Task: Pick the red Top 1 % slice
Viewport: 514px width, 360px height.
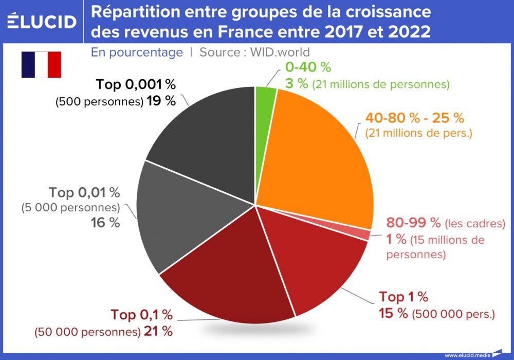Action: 319,262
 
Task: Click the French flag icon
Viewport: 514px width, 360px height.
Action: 41,65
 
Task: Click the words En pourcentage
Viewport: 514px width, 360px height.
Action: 137,52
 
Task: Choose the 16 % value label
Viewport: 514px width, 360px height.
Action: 105,223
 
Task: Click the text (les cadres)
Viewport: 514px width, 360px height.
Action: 475,224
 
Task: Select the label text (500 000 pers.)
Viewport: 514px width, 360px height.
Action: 454,313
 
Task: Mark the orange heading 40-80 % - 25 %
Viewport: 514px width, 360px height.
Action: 414,118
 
